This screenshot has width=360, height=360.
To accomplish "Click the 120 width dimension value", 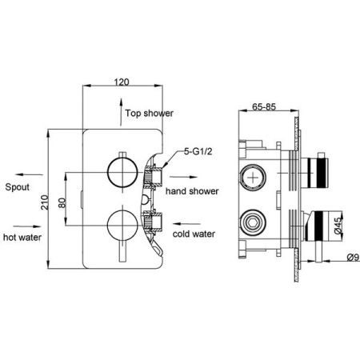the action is (122, 82).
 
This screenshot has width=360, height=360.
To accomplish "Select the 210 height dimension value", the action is (45, 202).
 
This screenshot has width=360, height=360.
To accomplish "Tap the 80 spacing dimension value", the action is (62, 202).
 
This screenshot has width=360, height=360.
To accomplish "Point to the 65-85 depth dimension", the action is (264, 106).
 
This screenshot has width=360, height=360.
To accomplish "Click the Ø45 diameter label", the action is (338, 226).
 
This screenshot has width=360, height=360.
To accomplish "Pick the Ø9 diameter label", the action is (353, 257).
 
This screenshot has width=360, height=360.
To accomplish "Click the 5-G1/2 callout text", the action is (198, 151).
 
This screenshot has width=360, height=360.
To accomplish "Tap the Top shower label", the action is (150, 113).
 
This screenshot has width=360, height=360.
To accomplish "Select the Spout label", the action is (18, 187).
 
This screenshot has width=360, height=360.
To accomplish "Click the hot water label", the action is (22, 237).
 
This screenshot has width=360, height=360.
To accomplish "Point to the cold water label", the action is (194, 234).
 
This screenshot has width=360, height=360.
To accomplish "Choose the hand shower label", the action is (192, 191).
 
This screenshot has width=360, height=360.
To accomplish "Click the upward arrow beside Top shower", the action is (121, 112).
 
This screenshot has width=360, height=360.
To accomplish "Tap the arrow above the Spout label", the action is (29, 174).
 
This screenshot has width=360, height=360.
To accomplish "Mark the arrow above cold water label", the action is (186, 224).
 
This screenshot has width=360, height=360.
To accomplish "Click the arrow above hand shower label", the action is (183, 177).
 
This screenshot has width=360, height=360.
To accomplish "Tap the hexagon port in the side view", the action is (253, 222).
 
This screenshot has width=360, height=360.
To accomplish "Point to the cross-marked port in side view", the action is (253, 178).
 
